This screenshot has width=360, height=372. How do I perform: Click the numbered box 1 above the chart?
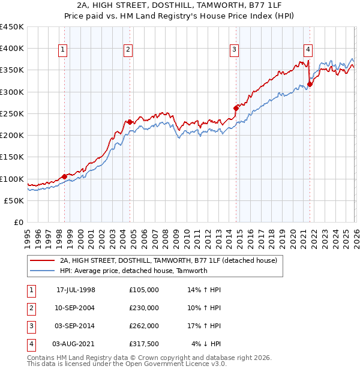click(63, 50)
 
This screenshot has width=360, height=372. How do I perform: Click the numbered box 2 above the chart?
click(128, 50)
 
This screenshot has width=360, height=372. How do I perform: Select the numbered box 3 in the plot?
click(234, 50)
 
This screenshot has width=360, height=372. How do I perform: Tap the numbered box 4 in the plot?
click(308, 50)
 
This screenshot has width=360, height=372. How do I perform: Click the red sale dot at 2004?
click(130, 122)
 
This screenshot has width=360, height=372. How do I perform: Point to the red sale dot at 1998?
click(65, 176)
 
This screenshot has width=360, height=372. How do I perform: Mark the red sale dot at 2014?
click(236, 108)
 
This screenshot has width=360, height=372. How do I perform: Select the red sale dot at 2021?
click(310, 84)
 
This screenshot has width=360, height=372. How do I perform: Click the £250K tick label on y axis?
click(12, 113)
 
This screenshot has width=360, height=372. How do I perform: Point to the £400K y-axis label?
click(12, 49)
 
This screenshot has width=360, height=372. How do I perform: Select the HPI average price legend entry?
click(133, 271)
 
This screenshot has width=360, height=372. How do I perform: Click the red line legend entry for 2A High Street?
click(168, 260)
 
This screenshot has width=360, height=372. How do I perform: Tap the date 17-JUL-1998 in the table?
click(76, 289)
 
